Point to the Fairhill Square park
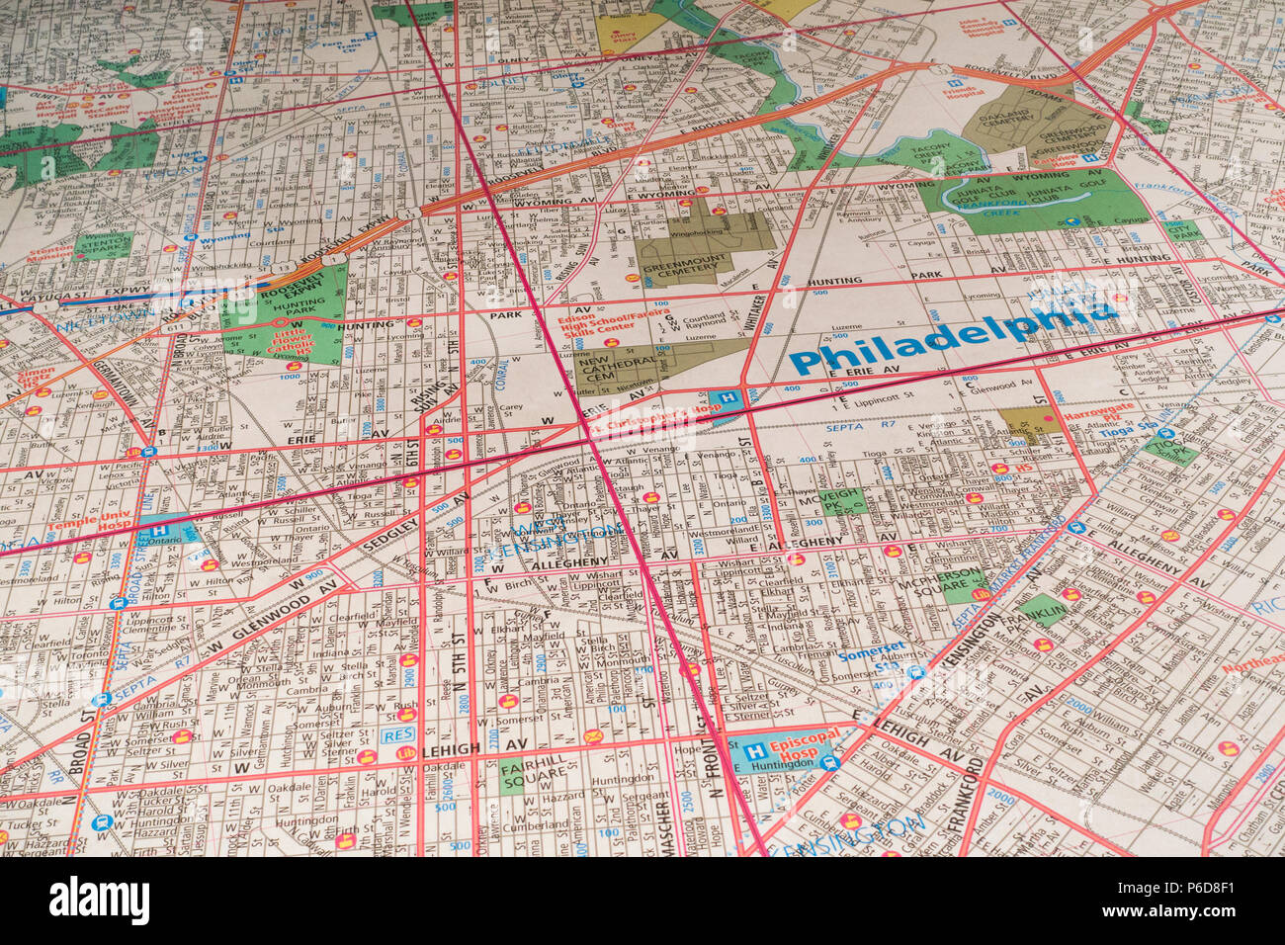(524, 776)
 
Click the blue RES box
(397, 736)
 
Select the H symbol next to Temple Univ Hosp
(157, 531)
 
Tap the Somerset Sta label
(870, 656)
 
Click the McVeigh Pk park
(841, 499)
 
